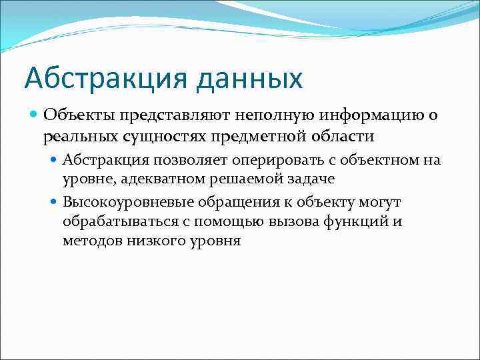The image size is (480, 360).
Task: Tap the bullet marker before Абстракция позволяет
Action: coord(55,161)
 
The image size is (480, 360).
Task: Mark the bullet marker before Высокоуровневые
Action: coord(55,202)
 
